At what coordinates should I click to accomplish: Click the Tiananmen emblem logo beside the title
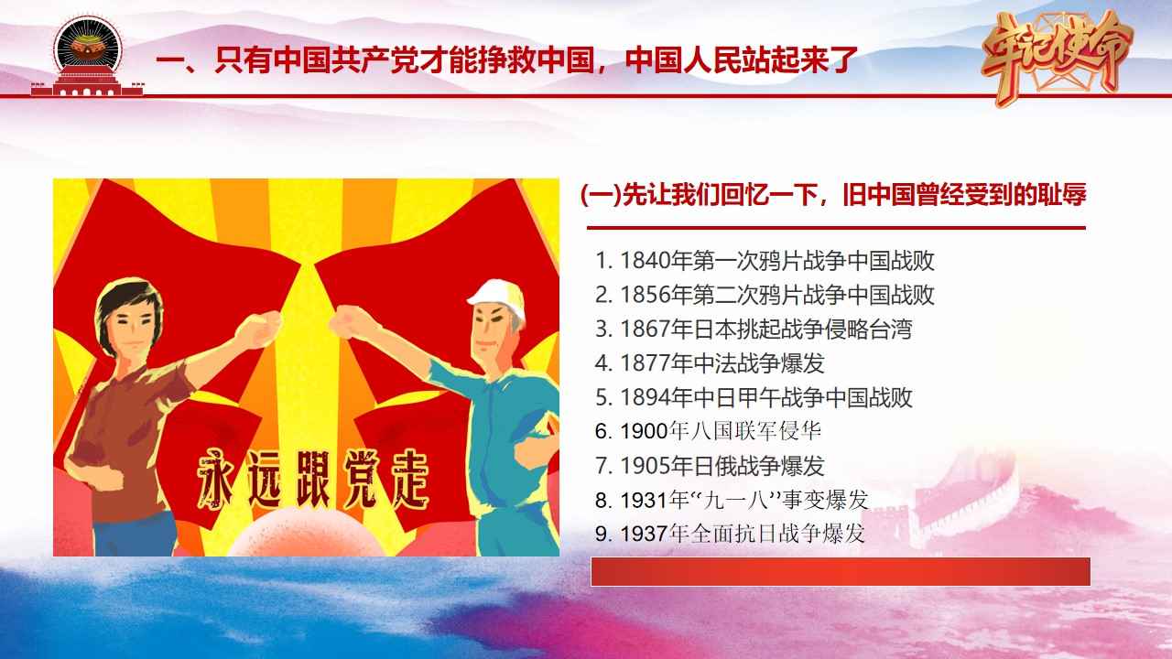click(x=87, y=58)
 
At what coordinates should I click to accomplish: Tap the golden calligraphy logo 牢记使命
click(x=1057, y=58)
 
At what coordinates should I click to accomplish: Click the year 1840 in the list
click(x=646, y=261)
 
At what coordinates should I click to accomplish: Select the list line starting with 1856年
click(x=765, y=295)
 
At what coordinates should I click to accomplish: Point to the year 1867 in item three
click(x=646, y=329)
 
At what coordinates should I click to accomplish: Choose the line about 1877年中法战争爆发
click(x=710, y=363)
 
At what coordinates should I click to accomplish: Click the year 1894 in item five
click(x=646, y=398)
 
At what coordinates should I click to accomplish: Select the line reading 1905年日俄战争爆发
click(x=710, y=466)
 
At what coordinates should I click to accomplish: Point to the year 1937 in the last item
click(x=646, y=534)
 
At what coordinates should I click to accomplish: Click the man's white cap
click(x=496, y=297)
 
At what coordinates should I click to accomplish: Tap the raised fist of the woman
click(x=259, y=329)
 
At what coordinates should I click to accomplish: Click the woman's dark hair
click(x=127, y=307)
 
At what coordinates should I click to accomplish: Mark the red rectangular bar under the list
click(x=841, y=572)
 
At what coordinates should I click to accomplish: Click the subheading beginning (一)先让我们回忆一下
click(x=833, y=195)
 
